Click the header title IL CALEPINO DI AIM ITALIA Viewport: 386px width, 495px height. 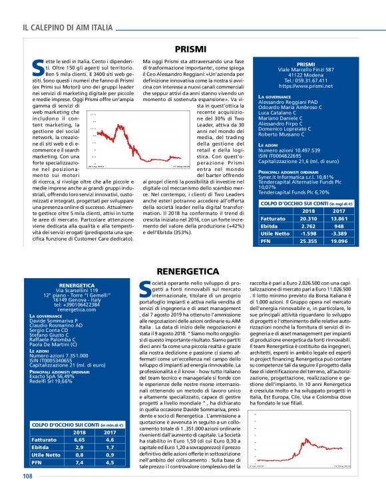pyautogui.click(x=67, y=27)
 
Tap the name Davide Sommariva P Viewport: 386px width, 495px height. pyautogui.click(x=59, y=321)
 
